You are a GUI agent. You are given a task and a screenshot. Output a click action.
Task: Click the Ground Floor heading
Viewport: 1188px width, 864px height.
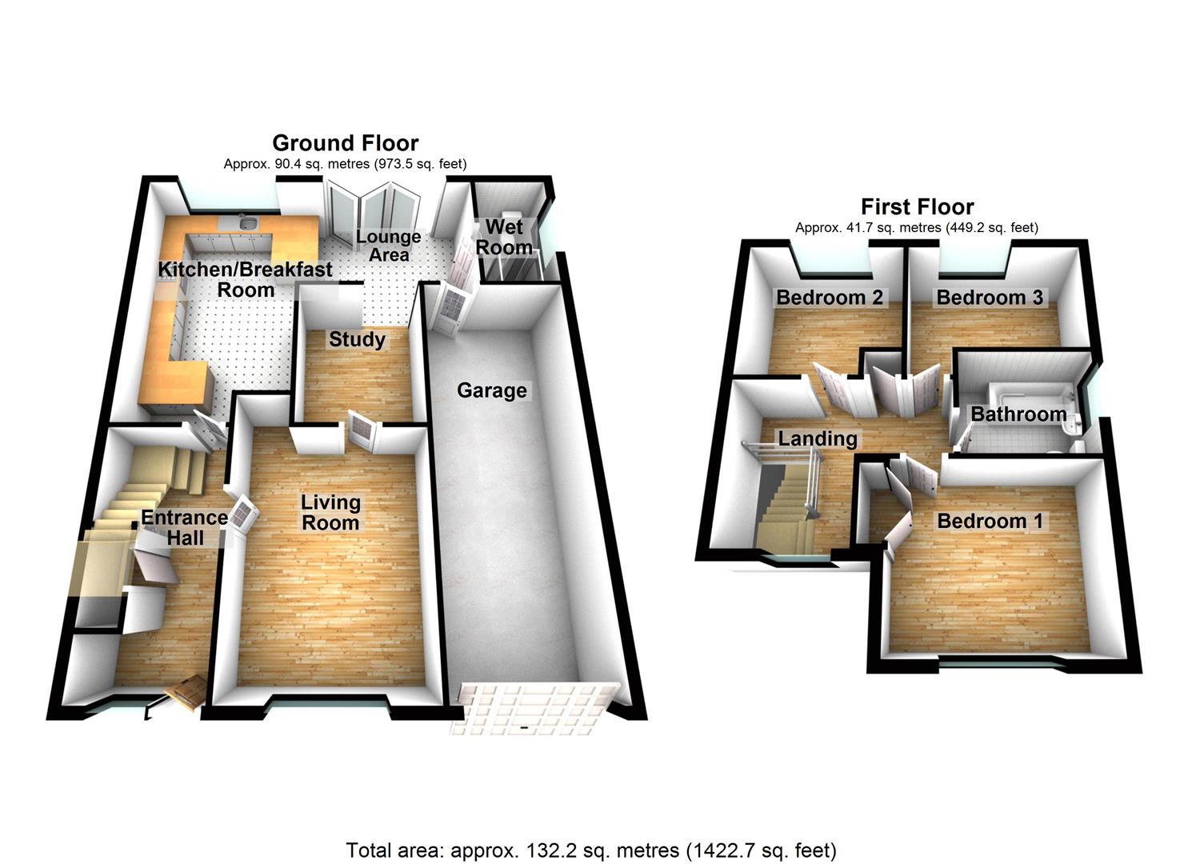tap(345, 143)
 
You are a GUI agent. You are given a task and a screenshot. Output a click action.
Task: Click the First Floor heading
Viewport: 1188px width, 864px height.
tap(917, 207)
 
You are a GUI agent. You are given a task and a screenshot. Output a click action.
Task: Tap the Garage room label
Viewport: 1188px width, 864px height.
tap(492, 390)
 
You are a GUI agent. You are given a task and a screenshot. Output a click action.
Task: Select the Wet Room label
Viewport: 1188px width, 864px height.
tap(504, 238)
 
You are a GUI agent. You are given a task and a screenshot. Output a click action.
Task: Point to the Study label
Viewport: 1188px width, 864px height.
tap(357, 339)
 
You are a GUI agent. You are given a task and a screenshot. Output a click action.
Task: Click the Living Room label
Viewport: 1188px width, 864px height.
tap(330, 513)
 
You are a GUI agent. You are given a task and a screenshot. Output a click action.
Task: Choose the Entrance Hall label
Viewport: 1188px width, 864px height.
tap(185, 527)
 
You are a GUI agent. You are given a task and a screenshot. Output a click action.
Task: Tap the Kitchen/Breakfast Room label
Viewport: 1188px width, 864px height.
tap(245, 279)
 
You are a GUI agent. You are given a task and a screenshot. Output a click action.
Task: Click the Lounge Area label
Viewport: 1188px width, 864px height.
tap(388, 246)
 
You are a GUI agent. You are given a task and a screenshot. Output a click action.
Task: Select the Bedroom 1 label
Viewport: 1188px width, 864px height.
tap(990, 521)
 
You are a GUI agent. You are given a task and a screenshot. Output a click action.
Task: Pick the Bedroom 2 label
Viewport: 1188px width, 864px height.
tap(830, 298)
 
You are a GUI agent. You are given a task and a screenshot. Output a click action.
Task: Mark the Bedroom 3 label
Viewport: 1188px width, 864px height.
tap(990, 298)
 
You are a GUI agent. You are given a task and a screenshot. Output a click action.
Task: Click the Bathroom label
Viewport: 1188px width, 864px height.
tap(1018, 414)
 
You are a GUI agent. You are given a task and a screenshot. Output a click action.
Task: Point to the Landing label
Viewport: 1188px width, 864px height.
tap(818, 438)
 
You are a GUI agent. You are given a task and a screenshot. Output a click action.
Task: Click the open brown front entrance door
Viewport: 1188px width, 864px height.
tap(186, 692)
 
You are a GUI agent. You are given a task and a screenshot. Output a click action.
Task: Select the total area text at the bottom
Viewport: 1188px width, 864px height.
tap(591, 850)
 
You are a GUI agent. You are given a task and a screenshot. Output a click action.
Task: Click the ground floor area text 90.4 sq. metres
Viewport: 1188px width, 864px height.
tap(345, 164)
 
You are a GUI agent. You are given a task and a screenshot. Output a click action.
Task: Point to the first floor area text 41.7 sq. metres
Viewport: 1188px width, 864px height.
tap(917, 228)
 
